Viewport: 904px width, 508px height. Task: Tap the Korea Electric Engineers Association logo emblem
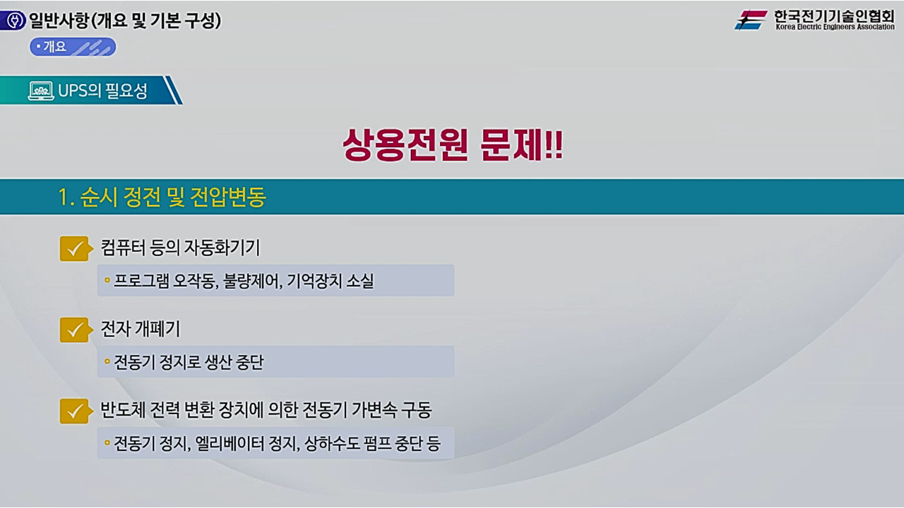click(x=751, y=20)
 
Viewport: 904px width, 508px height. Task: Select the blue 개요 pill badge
click(x=73, y=47)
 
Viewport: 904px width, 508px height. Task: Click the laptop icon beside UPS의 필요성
click(x=41, y=91)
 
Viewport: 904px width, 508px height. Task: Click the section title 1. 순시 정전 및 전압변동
click(x=162, y=198)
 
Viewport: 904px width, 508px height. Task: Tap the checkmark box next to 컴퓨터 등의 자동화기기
click(x=73, y=248)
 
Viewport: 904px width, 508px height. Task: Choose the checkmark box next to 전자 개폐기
click(x=73, y=329)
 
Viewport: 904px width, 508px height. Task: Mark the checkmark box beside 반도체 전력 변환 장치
click(x=73, y=411)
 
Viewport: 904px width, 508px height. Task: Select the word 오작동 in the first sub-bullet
click(x=198, y=282)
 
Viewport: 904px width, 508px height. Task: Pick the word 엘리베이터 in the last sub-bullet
click(x=227, y=444)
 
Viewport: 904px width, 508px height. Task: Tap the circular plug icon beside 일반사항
click(x=13, y=21)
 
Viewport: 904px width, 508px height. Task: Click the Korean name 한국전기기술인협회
click(x=833, y=16)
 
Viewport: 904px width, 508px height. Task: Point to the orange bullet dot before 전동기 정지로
click(x=107, y=362)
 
